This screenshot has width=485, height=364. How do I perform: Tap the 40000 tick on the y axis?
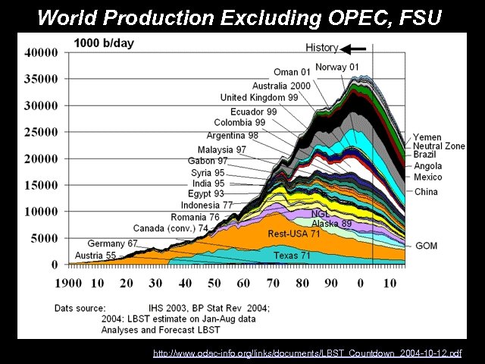pyautogui.click(x=42, y=52)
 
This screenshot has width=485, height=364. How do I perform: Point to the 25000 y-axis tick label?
pyautogui.click(x=42, y=132)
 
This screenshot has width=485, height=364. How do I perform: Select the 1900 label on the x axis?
pyautogui.click(x=69, y=283)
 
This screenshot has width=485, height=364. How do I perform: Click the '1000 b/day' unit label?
pyautogui.click(x=103, y=43)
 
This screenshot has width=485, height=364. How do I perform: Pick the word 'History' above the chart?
pyautogui.click(x=321, y=48)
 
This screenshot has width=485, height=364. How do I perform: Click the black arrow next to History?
pyautogui.click(x=354, y=49)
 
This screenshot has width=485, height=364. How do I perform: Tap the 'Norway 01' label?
pyautogui.click(x=337, y=67)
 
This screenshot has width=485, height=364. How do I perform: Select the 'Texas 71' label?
pyautogui.click(x=292, y=256)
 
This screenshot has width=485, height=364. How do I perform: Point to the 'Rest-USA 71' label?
pyautogui.click(x=294, y=234)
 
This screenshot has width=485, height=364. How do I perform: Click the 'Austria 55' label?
pyautogui.click(x=95, y=256)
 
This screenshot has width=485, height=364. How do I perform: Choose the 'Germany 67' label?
pyautogui.click(x=111, y=243)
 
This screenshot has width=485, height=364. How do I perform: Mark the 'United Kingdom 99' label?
pyautogui.click(x=259, y=98)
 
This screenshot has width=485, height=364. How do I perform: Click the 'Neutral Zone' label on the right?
pyautogui.click(x=439, y=146)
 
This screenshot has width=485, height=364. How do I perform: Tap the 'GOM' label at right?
pyautogui.click(x=426, y=246)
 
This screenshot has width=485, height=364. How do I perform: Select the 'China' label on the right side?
pyautogui.click(x=426, y=192)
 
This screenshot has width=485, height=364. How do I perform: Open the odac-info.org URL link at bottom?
pyautogui.click(x=307, y=353)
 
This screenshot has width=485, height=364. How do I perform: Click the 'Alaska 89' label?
pyautogui.click(x=330, y=224)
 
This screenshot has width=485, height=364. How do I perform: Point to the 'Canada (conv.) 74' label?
pyautogui.click(x=171, y=228)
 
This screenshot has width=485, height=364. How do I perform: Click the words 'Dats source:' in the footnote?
pyautogui.click(x=79, y=308)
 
